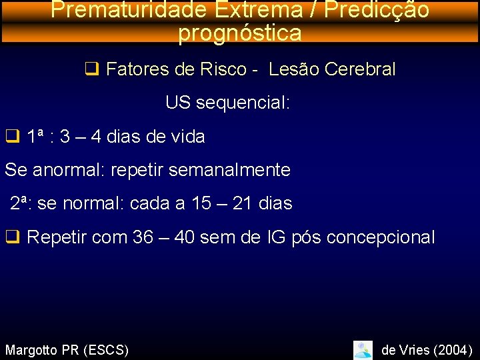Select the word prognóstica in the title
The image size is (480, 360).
click(240, 33)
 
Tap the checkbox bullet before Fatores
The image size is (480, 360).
click(92, 69)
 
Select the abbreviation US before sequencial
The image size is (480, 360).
click(179, 103)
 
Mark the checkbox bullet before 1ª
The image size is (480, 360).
click(12, 137)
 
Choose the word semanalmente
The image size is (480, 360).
click(229, 170)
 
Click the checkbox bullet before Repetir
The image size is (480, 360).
click(12, 237)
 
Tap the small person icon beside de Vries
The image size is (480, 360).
click(363, 349)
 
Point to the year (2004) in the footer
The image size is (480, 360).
click(451, 349)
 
